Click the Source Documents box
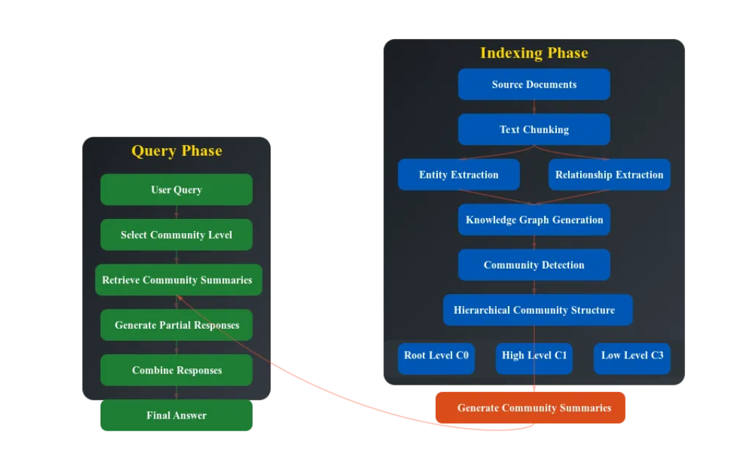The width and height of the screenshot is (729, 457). click(x=533, y=84)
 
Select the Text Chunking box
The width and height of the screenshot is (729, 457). click(x=533, y=130)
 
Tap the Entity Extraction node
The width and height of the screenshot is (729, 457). click(x=458, y=175)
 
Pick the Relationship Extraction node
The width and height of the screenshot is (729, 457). click(x=609, y=175)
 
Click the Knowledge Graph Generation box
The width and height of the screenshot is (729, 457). click(x=533, y=220)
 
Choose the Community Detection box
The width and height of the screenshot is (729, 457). click(x=533, y=265)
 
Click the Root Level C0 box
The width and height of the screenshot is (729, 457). click(x=436, y=356)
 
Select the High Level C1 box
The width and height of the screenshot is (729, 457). click(x=533, y=356)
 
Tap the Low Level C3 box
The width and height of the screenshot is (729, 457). click(x=631, y=356)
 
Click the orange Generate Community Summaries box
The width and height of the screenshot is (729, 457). click(x=530, y=408)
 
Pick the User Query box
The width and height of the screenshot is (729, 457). click(x=176, y=190)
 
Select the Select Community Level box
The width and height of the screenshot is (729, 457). click(x=176, y=235)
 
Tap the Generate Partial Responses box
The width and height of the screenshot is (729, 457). click(x=176, y=325)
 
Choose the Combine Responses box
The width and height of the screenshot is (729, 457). click(x=176, y=371)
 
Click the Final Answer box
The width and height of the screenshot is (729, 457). click(x=176, y=415)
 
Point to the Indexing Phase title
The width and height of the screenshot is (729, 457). click(x=533, y=53)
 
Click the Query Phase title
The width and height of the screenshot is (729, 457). click(x=176, y=151)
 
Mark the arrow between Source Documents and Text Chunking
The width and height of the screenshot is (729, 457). click(x=534, y=107)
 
